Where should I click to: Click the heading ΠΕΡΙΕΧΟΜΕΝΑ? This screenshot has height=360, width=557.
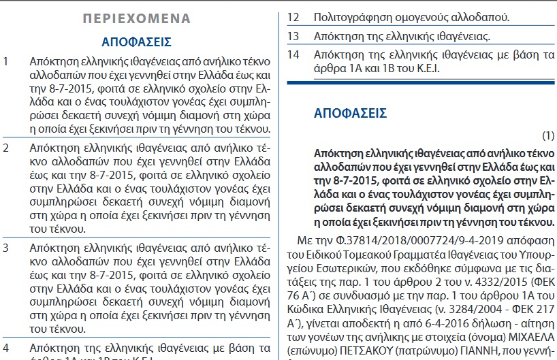coord(136,18)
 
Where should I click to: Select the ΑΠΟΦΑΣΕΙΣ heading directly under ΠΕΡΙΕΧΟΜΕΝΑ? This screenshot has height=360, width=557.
coord(136,42)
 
